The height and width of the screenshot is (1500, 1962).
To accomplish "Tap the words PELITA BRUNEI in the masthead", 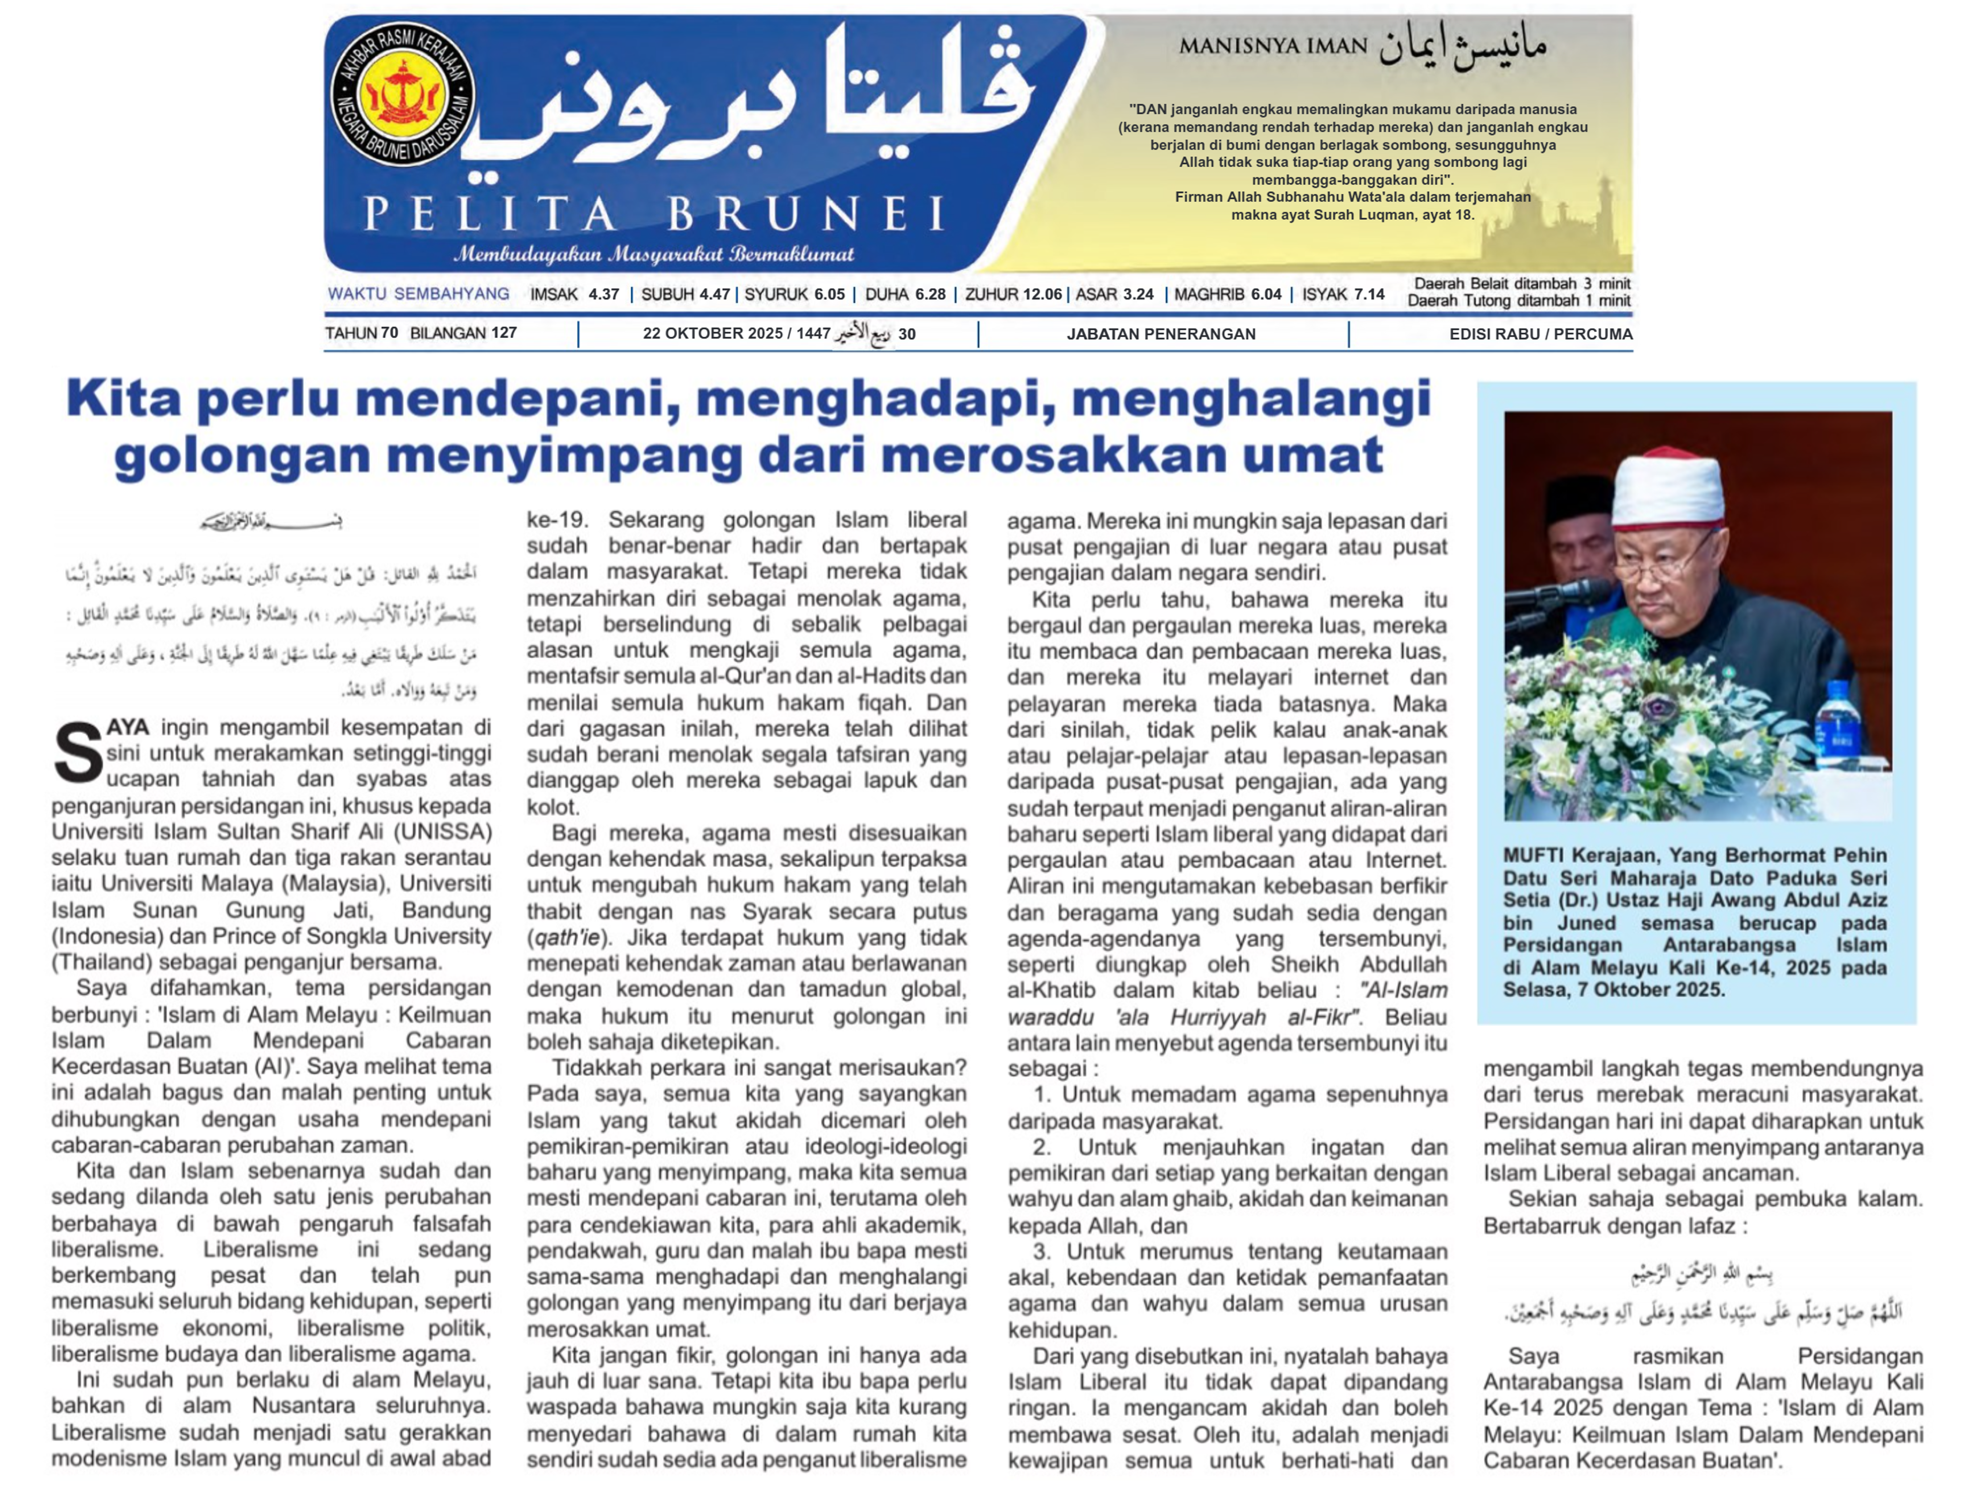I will point(654,214).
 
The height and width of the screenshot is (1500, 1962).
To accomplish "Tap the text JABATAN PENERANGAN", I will point(1160,334).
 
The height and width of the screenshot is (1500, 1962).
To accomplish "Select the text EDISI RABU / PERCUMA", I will point(1540,334).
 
